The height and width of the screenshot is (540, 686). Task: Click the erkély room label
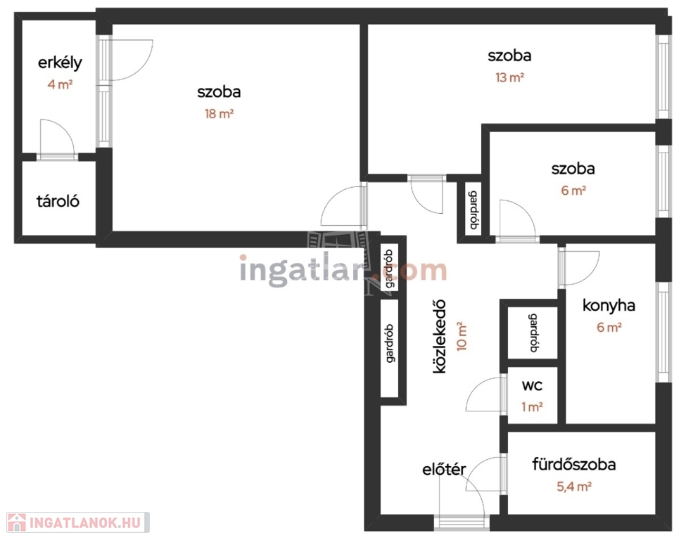click(x=60, y=63)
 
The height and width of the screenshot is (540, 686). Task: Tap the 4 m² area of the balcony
click(x=60, y=84)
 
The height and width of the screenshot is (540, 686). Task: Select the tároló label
click(x=58, y=201)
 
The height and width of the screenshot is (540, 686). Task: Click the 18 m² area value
click(x=219, y=114)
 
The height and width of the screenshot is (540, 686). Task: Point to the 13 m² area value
click(x=509, y=77)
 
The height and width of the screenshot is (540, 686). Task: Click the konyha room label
click(x=609, y=306)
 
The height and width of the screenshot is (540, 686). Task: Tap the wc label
click(x=532, y=385)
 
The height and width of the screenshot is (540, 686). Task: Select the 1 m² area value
click(x=532, y=407)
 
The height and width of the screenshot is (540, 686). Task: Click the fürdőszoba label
click(x=574, y=464)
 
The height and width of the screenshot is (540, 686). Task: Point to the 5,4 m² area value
click(x=574, y=487)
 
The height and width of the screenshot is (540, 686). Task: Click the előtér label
click(x=444, y=469)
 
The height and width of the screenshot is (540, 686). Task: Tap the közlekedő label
click(x=439, y=336)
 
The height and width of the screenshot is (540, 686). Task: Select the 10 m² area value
click(x=462, y=336)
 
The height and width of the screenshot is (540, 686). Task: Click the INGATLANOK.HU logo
click(x=78, y=522)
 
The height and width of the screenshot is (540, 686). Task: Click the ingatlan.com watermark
click(x=343, y=270)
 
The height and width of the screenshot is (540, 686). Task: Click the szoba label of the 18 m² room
click(x=219, y=92)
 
